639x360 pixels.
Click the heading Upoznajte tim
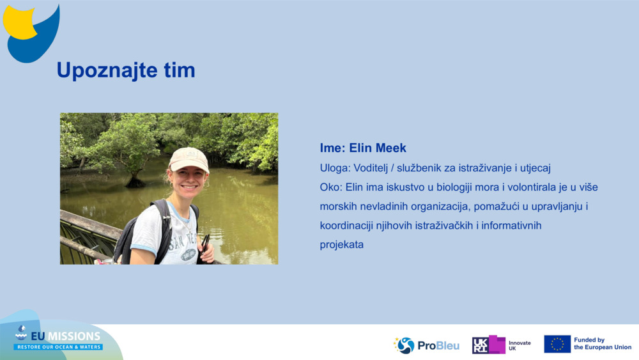[126, 70]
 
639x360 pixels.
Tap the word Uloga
[334, 168]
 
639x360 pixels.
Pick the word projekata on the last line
[341, 244]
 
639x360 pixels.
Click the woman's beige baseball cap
[189, 158]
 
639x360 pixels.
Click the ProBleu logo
[426, 345]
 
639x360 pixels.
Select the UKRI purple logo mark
[489, 345]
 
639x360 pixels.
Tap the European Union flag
[557, 344]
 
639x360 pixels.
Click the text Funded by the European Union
[602, 344]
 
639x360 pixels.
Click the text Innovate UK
[520, 345]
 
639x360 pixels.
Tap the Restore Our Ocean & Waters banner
[59, 347]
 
